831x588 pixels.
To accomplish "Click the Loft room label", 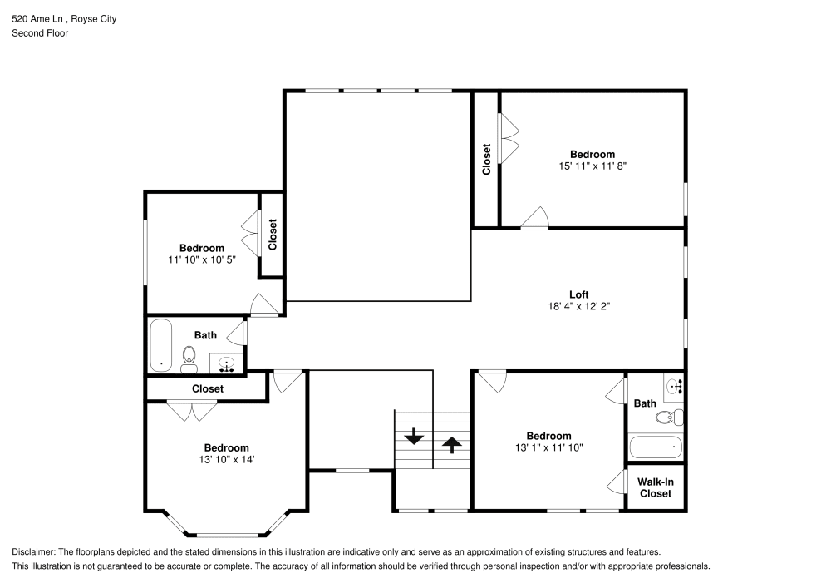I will click(578, 294).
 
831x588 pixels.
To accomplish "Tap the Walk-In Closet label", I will click(655, 487).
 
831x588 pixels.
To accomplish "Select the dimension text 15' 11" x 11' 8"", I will click(592, 166).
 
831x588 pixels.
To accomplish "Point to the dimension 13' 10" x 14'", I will click(226, 459).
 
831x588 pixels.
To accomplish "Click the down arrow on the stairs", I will click(413, 437).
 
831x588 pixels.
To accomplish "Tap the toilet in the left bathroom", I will click(189, 358).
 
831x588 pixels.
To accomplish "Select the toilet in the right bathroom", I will click(669, 418).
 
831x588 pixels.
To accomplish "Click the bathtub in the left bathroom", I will click(160, 345).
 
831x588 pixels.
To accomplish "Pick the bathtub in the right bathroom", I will click(656, 447).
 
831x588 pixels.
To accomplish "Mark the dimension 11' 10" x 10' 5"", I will click(202, 259).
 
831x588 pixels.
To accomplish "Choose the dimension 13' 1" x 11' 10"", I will click(548, 447).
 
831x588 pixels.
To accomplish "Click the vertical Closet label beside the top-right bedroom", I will click(486, 160).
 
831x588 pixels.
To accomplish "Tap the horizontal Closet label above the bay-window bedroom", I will click(207, 388).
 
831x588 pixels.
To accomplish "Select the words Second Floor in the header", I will click(40, 33).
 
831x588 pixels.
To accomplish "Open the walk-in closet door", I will click(618, 482).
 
